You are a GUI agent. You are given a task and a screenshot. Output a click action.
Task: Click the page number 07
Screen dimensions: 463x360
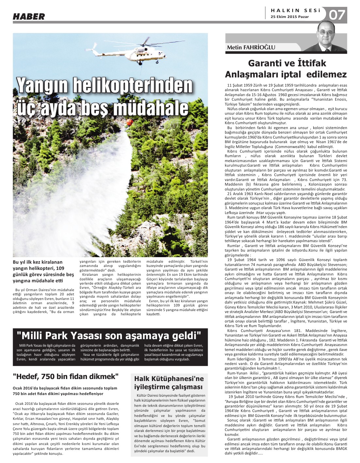(x=337, y=15)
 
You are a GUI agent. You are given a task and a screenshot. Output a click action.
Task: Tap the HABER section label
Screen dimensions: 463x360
(x=29, y=16)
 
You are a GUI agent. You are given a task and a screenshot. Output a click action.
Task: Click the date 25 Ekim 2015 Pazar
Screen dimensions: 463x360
(x=290, y=17)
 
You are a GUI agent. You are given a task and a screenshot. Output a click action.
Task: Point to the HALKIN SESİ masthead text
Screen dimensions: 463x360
(x=295, y=10)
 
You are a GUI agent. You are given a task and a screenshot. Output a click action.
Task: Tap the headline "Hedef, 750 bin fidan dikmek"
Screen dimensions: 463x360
(x=65, y=376)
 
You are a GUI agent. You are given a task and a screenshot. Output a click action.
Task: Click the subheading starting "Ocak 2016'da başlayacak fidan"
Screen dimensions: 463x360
(x=65, y=391)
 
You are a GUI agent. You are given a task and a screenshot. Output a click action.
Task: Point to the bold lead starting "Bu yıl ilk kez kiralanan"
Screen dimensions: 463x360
(x=43, y=271)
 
